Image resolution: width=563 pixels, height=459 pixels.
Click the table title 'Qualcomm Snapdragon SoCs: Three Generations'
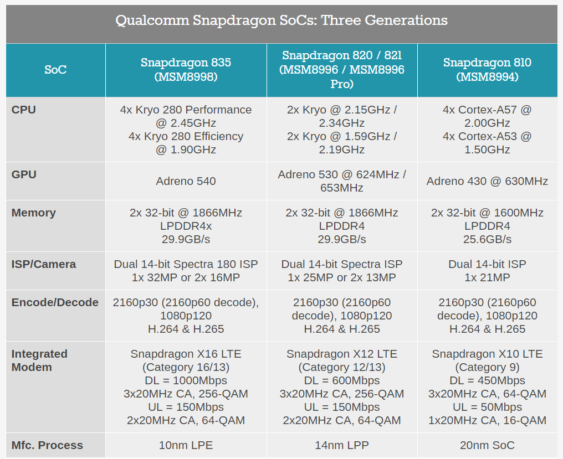pyautogui.click(x=281, y=20)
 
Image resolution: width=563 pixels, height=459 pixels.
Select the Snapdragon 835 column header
pyautogui.click(x=186, y=70)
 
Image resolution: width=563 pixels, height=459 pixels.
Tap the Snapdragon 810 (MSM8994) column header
pyautogui.click(x=487, y=70)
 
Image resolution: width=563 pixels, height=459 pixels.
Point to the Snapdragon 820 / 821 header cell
pyautogui.click(x=342, y=70)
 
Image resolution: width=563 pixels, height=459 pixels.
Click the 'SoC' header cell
pyautogui.click(x=55, y=70)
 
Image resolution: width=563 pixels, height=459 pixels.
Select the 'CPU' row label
pyautogui.click(x=24, y=110)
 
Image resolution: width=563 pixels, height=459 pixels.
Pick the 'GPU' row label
pyautogui.click(x=24, y=174)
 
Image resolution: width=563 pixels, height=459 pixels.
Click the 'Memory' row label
pyautogui.click(x=34, y=213)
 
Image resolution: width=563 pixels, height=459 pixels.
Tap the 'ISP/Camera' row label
pyautogui.click(x=44, y=264)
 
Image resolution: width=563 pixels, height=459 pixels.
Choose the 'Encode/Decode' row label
pyautogui.click(x=55, y=302)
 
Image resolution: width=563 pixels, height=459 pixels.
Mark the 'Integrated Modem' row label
pyautogui.click(x=39, y=360)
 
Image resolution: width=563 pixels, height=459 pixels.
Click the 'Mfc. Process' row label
pyautogui.click(x=48, y=445)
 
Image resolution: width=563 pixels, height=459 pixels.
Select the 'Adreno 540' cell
pyautogui.click(x=186, y=181)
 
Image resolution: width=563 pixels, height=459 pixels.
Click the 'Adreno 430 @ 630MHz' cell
pyautogui.click(x=487, y=181)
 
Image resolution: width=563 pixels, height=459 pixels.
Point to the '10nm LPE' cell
pyautogui.click(x=186, y=445)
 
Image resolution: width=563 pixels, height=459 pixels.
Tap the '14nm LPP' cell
pyautogui.click(x=342, y=445)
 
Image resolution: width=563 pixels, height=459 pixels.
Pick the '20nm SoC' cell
pyautogui.click(x=487, y=445)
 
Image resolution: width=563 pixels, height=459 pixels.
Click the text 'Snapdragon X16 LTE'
pyautogui.click(x=186, y=354)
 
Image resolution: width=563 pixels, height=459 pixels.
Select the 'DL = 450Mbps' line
pyautogui.click(x=487, y=380)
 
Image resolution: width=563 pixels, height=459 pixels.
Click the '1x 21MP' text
pyautogui.click(x=487, y=277)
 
